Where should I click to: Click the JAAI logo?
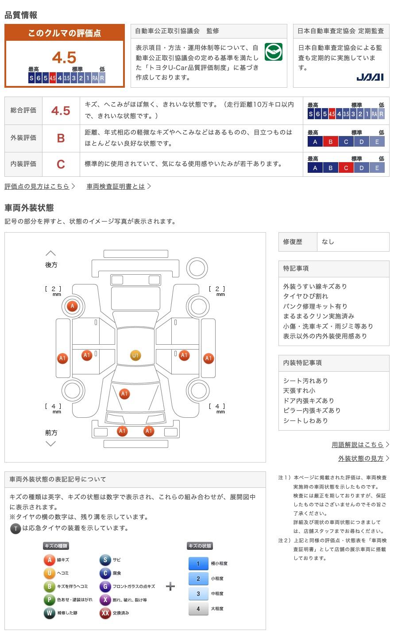point(370,77)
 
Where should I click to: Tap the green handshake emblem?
point(273,52)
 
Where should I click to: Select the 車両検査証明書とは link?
point(116,187)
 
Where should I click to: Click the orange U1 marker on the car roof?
point(135,355)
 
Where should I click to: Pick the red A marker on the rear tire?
point(72,306)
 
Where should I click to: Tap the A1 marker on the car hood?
point(124,393)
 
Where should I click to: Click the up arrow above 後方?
point(51,253)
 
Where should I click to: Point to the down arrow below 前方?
point(51,443)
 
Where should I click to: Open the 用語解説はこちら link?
point(358,444)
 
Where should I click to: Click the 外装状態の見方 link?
point(361,459)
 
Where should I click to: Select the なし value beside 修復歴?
point(328,242)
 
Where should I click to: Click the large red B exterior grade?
point(61,138)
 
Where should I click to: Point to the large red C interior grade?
point(61,164)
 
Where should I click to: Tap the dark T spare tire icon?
point(15,528)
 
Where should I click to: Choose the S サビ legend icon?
point(105,560)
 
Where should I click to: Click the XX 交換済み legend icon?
point(105,613)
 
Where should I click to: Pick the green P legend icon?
point(49,600)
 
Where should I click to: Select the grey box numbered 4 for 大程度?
point(198,609)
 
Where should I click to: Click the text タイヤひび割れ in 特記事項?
point(305,296)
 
